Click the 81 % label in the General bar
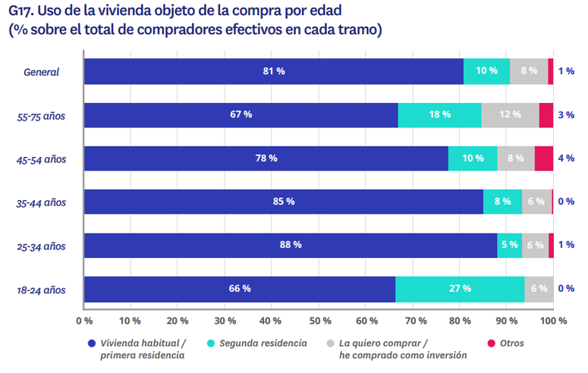click(273, 71)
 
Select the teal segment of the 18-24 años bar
click(460, 289)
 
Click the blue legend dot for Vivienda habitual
click(91, 343)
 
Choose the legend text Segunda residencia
click(263, 343)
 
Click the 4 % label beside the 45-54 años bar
click(566, 158)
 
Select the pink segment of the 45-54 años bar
click(544, 158)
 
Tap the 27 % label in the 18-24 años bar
click(460, 289)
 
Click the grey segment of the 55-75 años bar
click(510, 114)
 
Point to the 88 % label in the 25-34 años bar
click(291, 245)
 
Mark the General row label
click(42, 72)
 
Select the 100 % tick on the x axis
click(554, 320)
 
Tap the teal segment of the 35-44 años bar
click(502, 202)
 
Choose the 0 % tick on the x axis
click(83, 320)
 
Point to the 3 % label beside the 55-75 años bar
click(566, 115)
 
